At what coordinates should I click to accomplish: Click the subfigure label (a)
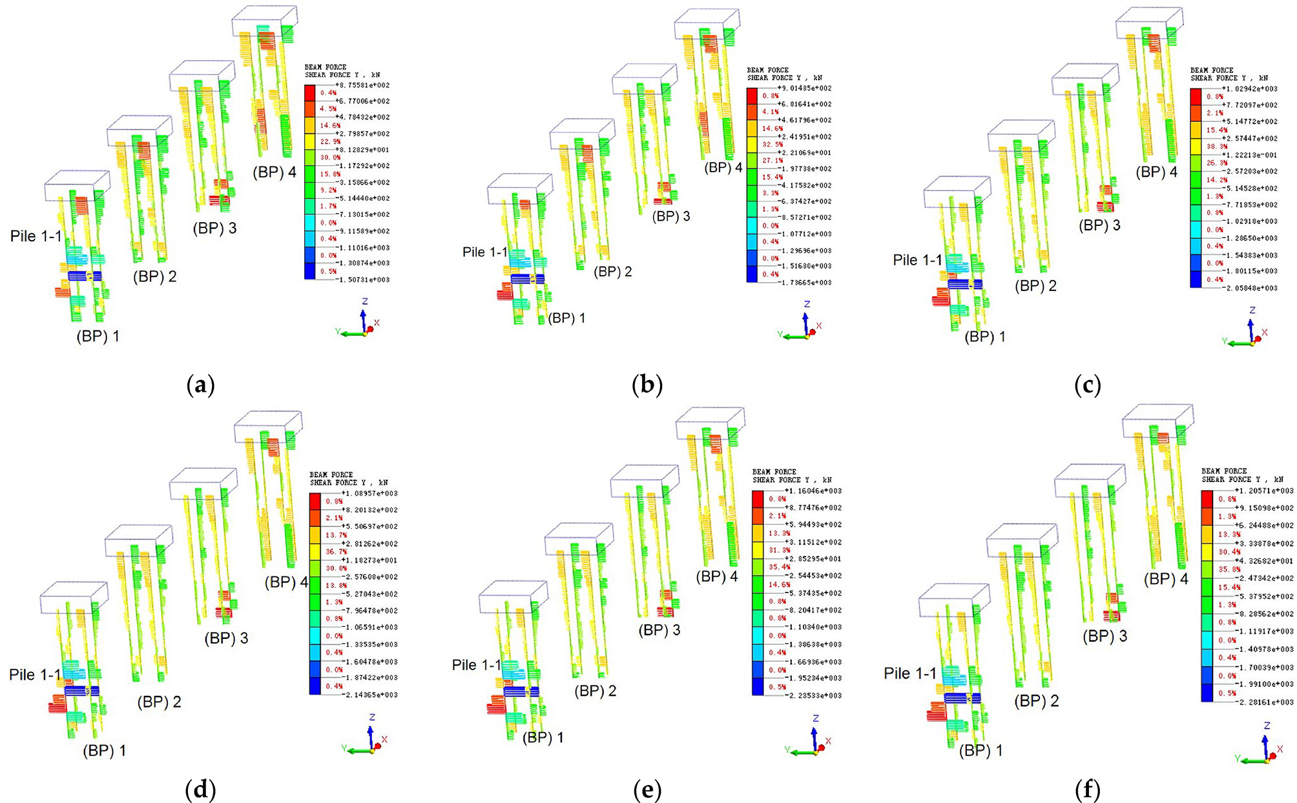(x=200, y=385)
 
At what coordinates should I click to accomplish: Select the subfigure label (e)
(x=648, y=789)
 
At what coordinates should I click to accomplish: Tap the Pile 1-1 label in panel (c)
(x=917, y=260)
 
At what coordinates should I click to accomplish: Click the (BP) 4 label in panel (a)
(x=275, y=173)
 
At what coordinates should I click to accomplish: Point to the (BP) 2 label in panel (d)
(x=159, y=702)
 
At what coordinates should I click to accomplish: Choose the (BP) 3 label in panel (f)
(x=1105, y=636)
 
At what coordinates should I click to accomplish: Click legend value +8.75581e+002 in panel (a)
(x=362, y=85)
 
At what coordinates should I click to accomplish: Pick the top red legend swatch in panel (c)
(x=1196, y=97)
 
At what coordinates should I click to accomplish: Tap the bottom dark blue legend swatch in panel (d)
(x=315, y=686)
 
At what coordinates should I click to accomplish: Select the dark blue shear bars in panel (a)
(x=84, y=276)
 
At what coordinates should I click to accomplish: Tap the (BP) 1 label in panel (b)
(x=566, y=318)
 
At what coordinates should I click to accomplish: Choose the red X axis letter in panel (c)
(x=1265, y=332)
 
